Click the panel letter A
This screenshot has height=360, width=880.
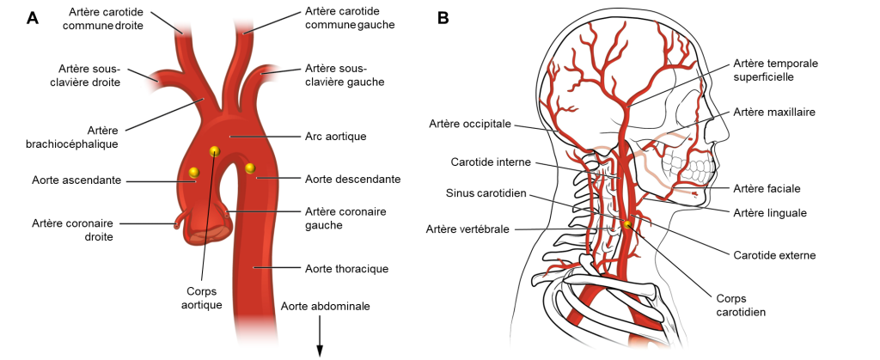coord(33,17)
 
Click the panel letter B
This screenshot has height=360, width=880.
coord(443,17)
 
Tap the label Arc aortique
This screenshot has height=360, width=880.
coord(336,136)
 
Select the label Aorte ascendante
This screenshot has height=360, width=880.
coord(76,180)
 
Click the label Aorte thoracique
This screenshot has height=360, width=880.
coord(346,269)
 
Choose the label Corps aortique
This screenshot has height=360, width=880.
coord(205,297)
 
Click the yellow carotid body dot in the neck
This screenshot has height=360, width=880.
coord(627,224)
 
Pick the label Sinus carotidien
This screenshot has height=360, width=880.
coord(486,193)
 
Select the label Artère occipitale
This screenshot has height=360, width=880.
coord(470,124)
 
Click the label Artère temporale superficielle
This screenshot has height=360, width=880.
coord(774,70)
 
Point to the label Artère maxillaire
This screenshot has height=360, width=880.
coord(774,112)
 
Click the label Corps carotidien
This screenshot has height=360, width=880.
coord(740,305)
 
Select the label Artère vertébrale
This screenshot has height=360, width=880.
coord(467,229)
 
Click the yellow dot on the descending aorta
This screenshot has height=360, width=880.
coord(251,168)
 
